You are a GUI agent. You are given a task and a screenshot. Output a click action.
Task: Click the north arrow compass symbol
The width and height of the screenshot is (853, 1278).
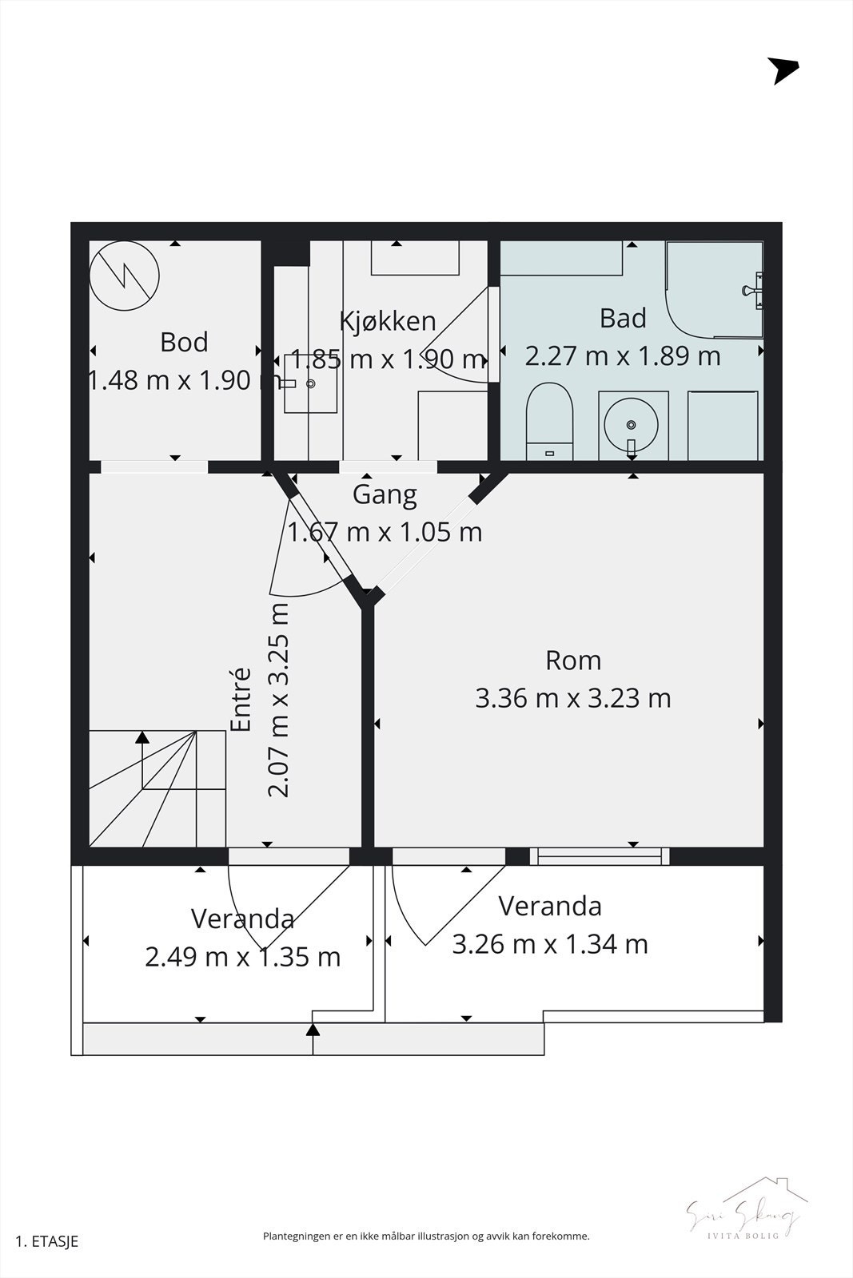click(782, 70)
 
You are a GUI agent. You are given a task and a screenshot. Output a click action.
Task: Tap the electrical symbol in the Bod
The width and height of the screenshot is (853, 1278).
click(124, 276)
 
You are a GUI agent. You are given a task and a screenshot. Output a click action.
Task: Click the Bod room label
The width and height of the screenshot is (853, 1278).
click(184, 342)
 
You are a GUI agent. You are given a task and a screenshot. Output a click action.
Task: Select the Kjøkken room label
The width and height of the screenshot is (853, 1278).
click(388, 321)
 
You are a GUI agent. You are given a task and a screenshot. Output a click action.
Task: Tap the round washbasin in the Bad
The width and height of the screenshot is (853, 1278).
click(632, 424)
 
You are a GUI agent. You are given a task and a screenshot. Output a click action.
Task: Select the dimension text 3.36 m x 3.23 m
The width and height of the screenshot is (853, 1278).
click(572, 698)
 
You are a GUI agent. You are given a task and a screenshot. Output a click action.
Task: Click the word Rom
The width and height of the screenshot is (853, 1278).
click(572, 661)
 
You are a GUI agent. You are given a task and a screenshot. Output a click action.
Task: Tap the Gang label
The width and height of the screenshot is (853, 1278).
click(385, 494)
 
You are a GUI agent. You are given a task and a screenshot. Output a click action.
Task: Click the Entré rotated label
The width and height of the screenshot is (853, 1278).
click(241, 700)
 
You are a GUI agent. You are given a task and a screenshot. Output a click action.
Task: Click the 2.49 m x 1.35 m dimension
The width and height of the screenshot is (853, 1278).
click(242, 956)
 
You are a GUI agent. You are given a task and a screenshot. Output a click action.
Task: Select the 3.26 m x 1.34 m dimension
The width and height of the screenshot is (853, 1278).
click(549, 944)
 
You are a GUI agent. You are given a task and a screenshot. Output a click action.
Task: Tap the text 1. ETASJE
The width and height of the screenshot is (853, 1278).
click(46, 1241)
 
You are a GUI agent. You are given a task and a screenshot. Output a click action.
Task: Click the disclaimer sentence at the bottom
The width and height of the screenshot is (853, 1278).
click(426, 1236)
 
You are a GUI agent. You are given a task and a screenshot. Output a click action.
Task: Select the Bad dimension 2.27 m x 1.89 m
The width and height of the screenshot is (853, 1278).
click(622, 355)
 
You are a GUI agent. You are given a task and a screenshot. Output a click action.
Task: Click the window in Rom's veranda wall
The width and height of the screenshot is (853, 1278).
click(600, 856)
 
